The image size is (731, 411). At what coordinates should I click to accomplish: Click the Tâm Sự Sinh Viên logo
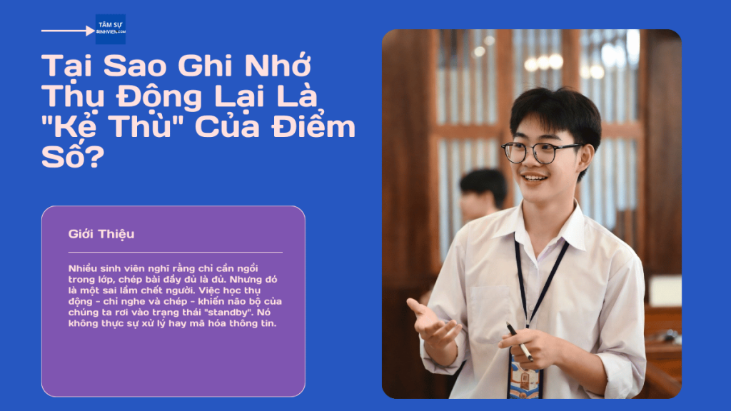click(110, 29)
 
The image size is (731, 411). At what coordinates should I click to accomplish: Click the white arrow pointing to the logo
click(69, 31)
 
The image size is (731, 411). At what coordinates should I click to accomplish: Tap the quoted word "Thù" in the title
click(138, 126)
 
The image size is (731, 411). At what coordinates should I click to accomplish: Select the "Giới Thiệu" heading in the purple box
click(101, 234)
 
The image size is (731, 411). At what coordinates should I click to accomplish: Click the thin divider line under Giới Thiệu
click(175, 252)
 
